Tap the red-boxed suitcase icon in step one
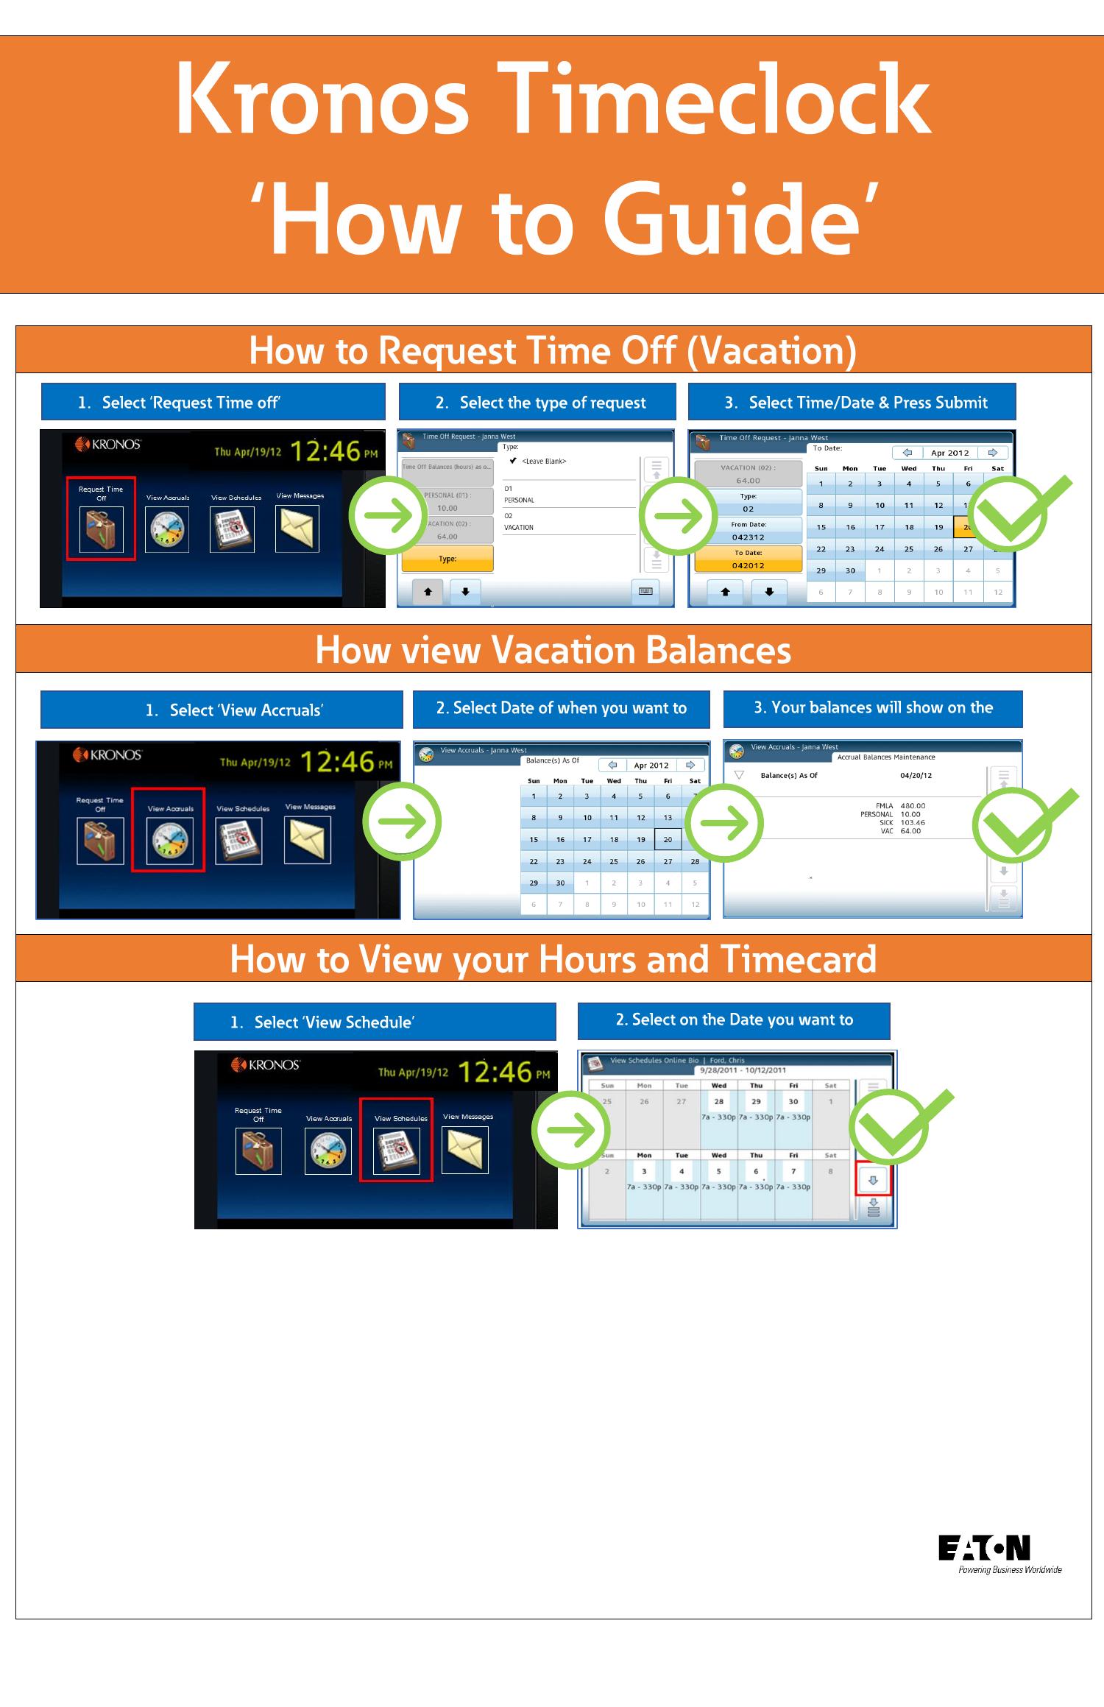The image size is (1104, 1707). click(x=102, y=529)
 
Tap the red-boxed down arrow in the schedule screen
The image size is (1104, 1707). click(x=873, y=1180)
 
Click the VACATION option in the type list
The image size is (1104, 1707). click(x=519, y=527)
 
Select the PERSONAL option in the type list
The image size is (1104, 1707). click(x=519, y=500)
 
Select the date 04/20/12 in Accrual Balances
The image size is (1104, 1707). click(x=916, y=775)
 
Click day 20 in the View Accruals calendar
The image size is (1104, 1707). click(x=667, y=839)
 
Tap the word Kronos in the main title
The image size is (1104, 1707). click(x=322, y=101)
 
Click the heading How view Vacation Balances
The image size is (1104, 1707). click(x=553, y=650)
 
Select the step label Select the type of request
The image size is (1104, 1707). click(x=538, y=403)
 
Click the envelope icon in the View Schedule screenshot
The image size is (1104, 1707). click(x=464, y=1151)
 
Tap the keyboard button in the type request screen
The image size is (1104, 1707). click(x=645, y=591)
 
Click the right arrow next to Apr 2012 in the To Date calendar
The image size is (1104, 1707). click(x=993, y=453)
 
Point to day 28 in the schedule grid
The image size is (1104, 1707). click(x=718, y=1101)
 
